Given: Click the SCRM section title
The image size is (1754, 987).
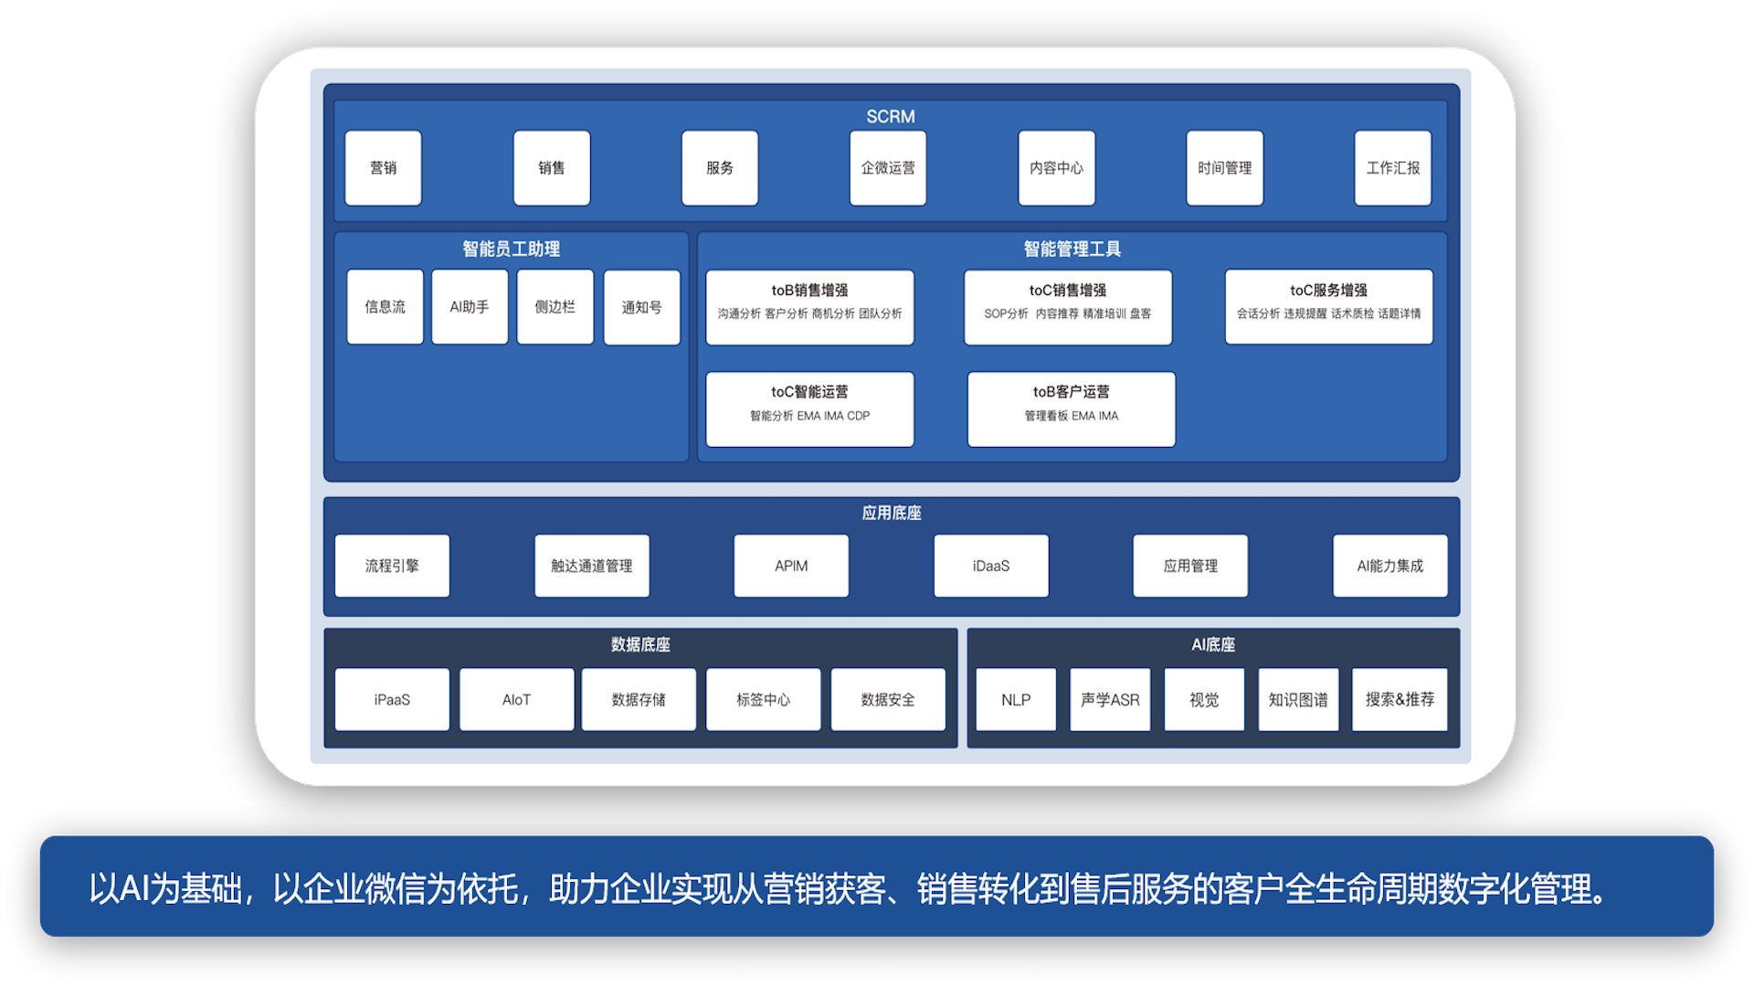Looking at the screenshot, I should coord(890,117).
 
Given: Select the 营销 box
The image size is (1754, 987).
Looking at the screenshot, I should coord(383,168).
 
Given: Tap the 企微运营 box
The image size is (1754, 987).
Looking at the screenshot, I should coord(887,168).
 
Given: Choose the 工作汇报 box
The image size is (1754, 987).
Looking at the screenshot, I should coord(1392,168).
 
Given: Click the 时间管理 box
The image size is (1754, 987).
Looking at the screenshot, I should coord(1224,168).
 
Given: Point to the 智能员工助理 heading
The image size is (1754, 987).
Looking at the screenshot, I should coord(511,249).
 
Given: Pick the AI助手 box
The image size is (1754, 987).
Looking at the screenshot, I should coord(470,307).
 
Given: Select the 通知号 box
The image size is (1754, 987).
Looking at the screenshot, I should coord(641,308).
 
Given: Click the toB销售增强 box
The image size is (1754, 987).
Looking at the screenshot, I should coord(809,307).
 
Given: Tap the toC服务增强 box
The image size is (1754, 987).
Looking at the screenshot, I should coord(1328,307).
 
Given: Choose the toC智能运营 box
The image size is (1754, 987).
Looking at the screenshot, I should coord(809,409).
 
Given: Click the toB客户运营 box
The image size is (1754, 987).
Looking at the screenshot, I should coord(1071,409).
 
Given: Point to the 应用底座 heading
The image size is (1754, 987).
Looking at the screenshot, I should coord(891,513).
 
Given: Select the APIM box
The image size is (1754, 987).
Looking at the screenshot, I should coord(791,566).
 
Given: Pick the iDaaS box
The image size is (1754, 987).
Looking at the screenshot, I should coord(990,566).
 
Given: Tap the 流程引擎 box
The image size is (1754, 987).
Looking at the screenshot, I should coord(392,566).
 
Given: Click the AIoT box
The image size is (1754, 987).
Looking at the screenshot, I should coord(516,699).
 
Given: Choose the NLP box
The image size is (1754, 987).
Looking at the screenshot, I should coord(1015,699).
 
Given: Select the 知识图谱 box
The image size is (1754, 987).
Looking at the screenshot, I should coord(1297,699).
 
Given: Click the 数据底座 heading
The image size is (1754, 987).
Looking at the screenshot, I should coord(639,644).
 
